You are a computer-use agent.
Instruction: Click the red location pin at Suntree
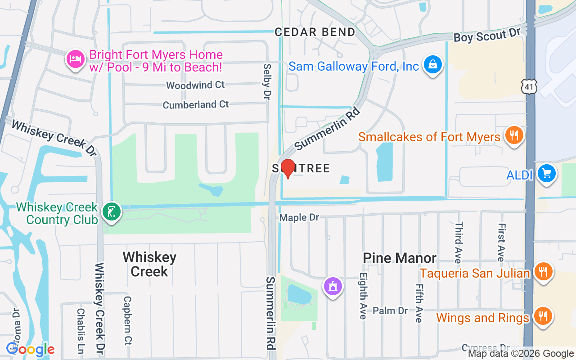(287, 168)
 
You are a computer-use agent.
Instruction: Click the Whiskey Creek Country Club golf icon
(111, 212)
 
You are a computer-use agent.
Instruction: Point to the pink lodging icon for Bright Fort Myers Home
(76, 59)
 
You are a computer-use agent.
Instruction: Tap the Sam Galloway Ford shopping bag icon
(433, 65)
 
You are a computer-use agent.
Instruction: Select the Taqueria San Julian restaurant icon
(544, 272)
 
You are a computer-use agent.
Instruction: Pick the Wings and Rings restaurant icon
(544, 316)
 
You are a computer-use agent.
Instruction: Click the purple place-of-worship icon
(333, 286)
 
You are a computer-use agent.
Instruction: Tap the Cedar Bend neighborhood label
(315, 32)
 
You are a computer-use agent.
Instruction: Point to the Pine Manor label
(400, 258)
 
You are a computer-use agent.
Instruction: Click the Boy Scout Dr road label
(486, 36)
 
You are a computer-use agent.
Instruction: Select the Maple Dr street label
(299, 218)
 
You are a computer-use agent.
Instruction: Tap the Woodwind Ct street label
(195, 85)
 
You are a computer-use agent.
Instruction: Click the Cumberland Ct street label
(196, 105)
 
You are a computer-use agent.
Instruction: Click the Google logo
(31, 349)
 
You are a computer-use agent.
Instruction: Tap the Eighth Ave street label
(363, 297)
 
